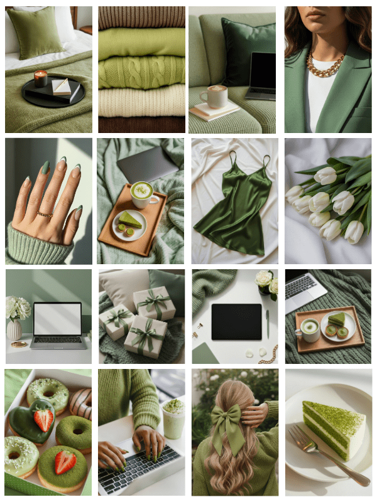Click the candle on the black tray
41,78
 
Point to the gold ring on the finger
44,215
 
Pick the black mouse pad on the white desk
236,321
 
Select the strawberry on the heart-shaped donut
43,419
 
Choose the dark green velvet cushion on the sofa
246,50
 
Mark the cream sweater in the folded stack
141,100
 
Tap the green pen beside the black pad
267,324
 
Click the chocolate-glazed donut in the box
81,402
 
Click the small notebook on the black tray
62,87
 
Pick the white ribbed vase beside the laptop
14,329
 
